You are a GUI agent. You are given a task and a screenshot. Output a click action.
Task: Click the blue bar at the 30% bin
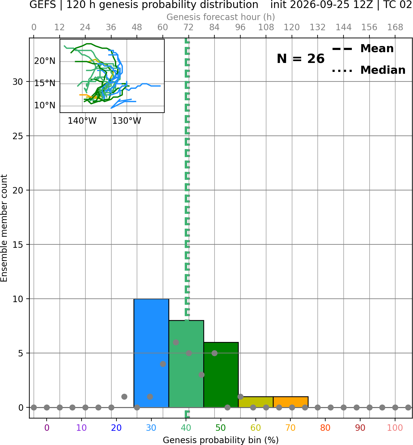pyautogui.click(x=151, y=353)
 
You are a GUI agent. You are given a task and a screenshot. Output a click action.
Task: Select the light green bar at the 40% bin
pyautogui.click(x=186, y=364)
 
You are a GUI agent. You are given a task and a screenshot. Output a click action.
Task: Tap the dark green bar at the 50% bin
pyautogui.click(x=221, y=375)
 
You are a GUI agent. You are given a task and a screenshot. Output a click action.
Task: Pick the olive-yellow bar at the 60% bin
pyautogui.click(x=256, y=402)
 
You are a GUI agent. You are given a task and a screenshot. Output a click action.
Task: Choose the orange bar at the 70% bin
pyautogui.click(x=290, y=402)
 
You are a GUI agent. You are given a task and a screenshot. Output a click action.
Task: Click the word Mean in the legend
pyautogui.click(x=377, y=49)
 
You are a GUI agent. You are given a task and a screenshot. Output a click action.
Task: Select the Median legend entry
pyautogui.click(x=369, y=70)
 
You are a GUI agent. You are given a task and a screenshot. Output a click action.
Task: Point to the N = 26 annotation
pyautogui.click(x=301, y=59)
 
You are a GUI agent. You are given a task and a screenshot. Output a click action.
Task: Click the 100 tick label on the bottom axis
pyautogui.click(x=395, y=428)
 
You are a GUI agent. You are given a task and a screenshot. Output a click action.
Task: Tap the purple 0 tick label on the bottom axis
pyautogui.click(x=47, y=428)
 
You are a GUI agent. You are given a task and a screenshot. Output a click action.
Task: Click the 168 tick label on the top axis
pyautogui.click(x=395, y=27)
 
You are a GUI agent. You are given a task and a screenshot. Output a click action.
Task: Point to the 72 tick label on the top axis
pyautogui.click(x=188, y=27)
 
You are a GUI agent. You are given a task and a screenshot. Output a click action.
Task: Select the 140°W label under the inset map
pyautogui.click(x=82, y=121)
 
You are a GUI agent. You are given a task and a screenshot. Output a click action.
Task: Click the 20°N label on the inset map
pyautogui.click(x=45, y=61)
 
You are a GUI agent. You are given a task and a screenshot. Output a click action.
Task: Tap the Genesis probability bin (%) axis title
pyautogui.click(x=221, y=440)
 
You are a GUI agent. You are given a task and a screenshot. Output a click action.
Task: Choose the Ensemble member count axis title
pyautogui.click(x=4, y=228)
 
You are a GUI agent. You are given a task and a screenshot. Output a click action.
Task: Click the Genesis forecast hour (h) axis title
pyautogui.click(x=221, y=17)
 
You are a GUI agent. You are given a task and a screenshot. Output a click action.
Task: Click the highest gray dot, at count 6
pyautogui.click(x=176, y=342)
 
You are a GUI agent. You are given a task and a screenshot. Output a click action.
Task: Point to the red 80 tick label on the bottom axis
pyautogui.click(x=325, y=428)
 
